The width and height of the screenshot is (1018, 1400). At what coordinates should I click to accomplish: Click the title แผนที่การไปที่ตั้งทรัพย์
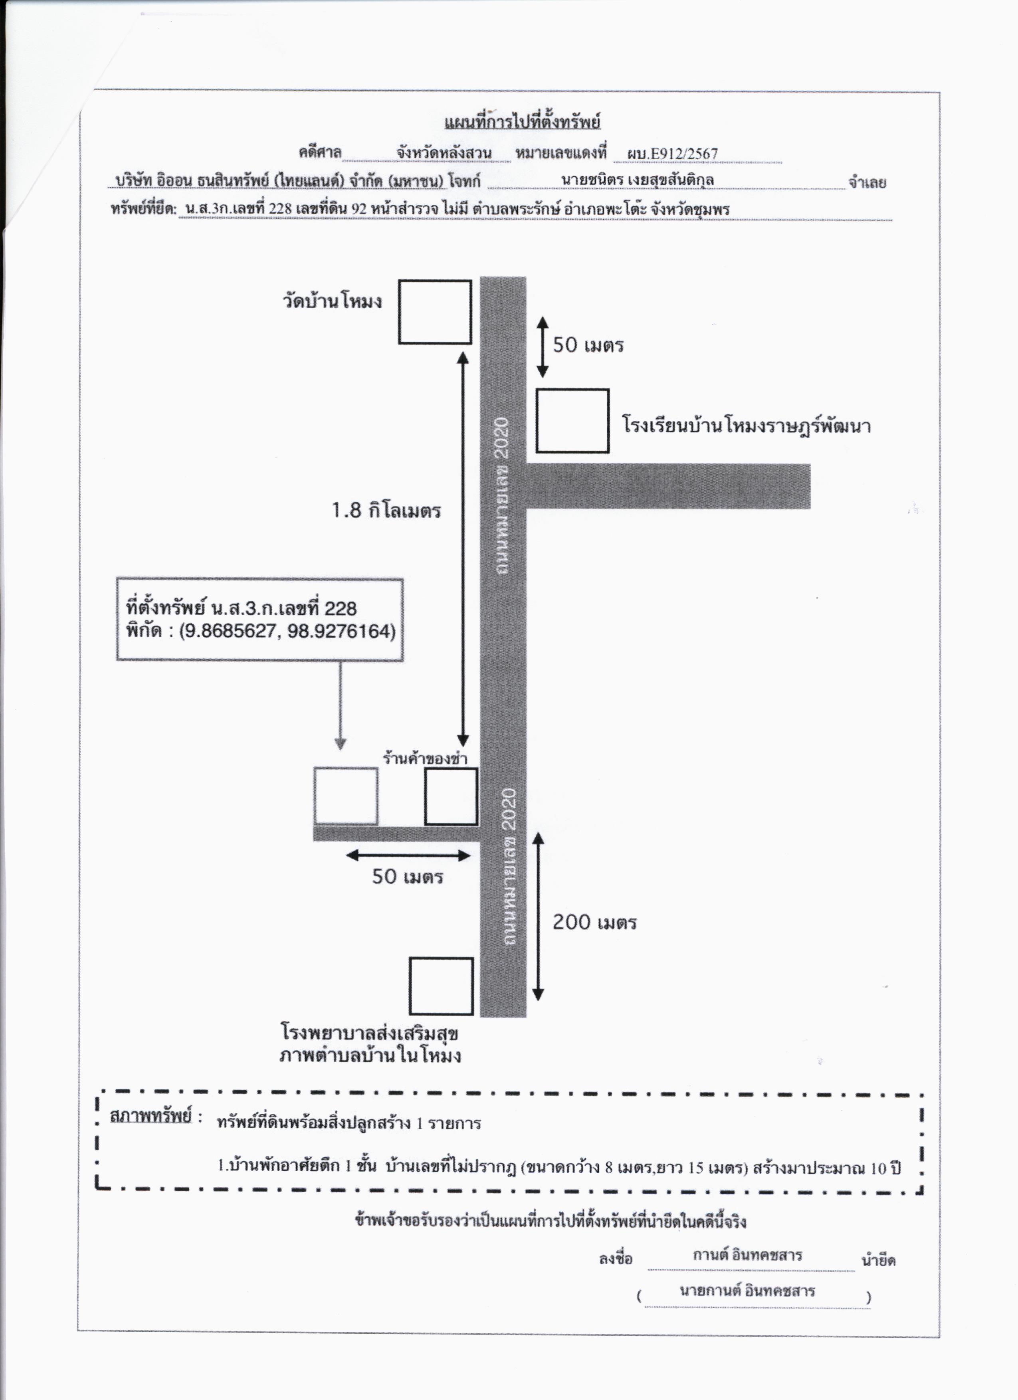pyautogui.click(x=522, y=122)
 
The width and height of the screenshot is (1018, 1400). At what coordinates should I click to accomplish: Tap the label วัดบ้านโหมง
pyautogui.click(x=332, y=302)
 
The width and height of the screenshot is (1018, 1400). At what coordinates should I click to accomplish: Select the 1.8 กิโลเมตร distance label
pyautogui.click(x=386, y=511)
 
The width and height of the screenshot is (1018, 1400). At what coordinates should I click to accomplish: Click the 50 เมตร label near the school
pyautogui.click(x=588, y=345)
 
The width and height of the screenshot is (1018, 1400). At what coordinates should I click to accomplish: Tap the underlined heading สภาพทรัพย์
pyautogui.click(x=151, y=1116)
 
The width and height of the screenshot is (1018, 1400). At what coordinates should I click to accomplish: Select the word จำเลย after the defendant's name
pyautogui.click(x=867, y=183)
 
